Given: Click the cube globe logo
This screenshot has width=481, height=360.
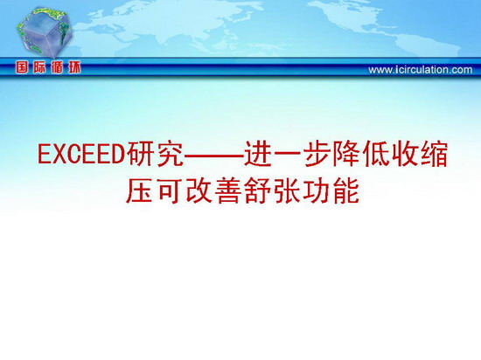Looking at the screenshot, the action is click(45, 32).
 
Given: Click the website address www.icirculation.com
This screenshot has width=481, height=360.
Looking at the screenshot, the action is click(421, 70).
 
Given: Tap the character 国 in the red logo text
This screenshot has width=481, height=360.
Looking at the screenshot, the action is click(22, 67).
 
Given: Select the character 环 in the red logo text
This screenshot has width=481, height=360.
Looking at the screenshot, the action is click(74, 67).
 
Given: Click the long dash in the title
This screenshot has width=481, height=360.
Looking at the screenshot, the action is click(214, 156).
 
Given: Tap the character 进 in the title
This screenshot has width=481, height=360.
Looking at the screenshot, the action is click(258, 154).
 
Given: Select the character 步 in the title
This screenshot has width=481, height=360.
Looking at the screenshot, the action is click(317, 154).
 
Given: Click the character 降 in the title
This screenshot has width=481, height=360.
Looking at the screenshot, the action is click(346, 154).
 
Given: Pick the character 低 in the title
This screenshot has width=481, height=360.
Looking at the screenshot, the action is click(376, 154).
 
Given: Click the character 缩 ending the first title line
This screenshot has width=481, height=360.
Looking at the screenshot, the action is click(435, 154).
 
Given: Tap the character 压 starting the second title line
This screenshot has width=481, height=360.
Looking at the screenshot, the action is click(140, 191).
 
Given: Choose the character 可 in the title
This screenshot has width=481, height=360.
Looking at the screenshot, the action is click(169, 191).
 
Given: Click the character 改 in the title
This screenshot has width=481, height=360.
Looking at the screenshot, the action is click(199, 191).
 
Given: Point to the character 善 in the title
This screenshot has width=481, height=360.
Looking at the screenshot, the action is click(228, 191).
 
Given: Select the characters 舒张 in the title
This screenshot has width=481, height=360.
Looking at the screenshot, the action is click(272, 191).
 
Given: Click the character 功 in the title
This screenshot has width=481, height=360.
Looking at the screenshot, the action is click(317, 191).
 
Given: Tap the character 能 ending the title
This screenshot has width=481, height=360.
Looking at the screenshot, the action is click(346, 191).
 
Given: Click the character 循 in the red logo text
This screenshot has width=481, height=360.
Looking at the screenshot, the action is click(57, 67).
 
